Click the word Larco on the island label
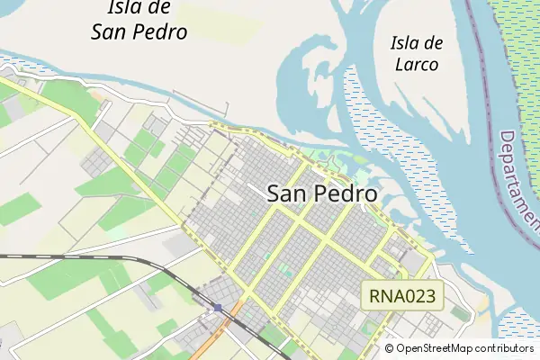(415, 65)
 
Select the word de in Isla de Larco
(433, 42)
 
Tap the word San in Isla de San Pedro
(112, 32)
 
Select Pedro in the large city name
(346, 193)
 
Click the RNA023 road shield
(403, 294)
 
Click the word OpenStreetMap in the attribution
(440, 348)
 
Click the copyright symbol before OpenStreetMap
(390, 348)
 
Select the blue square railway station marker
(218, 308)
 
